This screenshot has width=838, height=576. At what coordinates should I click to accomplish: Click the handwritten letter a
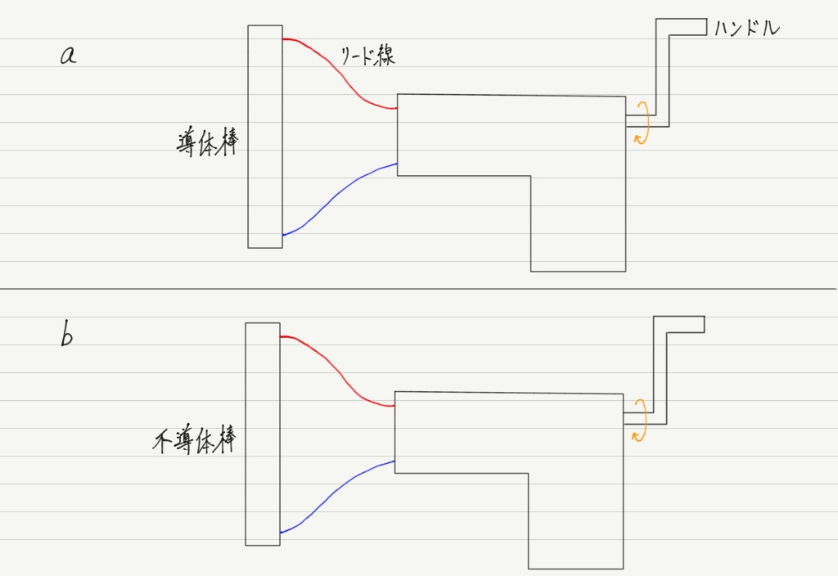coord(68,55)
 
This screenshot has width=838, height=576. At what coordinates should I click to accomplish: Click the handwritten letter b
coord(66,335)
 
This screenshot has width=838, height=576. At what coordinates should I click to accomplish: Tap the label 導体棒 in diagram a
coord(207,142)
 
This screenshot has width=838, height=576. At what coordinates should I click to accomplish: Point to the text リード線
coord(367,55)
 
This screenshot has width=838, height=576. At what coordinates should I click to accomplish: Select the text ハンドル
coord(746,27)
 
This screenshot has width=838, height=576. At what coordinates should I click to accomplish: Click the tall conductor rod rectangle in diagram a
coord(265,137)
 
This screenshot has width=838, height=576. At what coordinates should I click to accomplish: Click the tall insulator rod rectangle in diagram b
coord(263,434)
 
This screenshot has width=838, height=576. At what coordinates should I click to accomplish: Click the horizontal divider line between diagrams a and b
coord(418,289)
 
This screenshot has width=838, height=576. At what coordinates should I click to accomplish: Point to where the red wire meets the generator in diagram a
coord(397,109)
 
